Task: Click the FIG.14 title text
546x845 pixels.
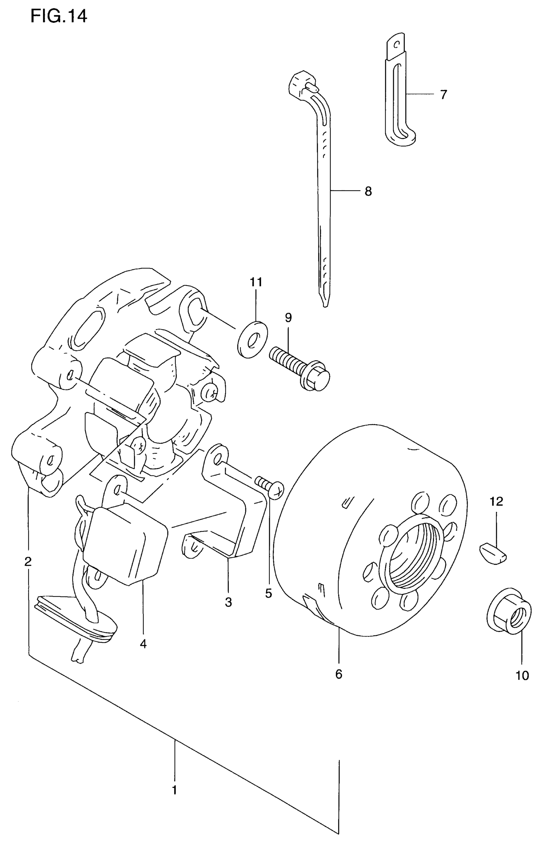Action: point(58,16)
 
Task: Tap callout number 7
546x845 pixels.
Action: point(444,95)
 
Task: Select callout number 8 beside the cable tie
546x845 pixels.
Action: point(368,192)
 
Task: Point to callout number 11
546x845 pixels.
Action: point(256,282)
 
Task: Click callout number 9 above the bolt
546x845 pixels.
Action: point(288,318)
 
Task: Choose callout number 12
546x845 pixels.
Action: point(496,501)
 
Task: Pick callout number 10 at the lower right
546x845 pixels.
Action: point(522,675)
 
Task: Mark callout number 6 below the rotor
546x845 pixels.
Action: point(339,674)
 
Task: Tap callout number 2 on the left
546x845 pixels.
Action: point(28,561)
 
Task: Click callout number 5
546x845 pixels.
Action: point(269,593)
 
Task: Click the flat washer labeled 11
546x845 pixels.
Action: point(252,340)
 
